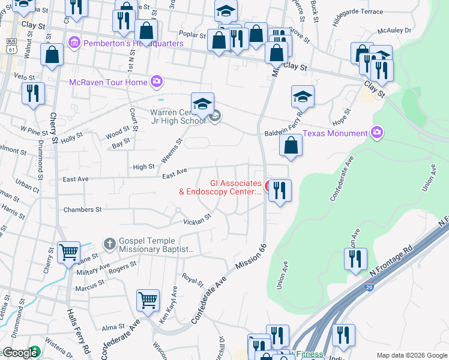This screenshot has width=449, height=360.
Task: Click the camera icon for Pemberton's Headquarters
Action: click(x=74, y=43)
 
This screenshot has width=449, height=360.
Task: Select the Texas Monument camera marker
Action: click(x=376, y=132)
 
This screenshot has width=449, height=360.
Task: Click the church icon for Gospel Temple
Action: click(x=109, y=243)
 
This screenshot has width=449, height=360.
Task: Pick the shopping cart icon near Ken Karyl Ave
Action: click(x=148, y=299)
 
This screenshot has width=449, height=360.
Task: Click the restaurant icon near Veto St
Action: click(x=32, y=92)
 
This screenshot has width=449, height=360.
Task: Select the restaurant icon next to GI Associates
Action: click(x=280, y=190)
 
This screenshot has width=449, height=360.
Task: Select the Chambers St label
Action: click(x=82, y=210)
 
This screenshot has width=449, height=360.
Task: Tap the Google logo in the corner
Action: click(x=19, y=353)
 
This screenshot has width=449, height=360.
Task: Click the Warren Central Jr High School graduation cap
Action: click(x=203, y=103)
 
